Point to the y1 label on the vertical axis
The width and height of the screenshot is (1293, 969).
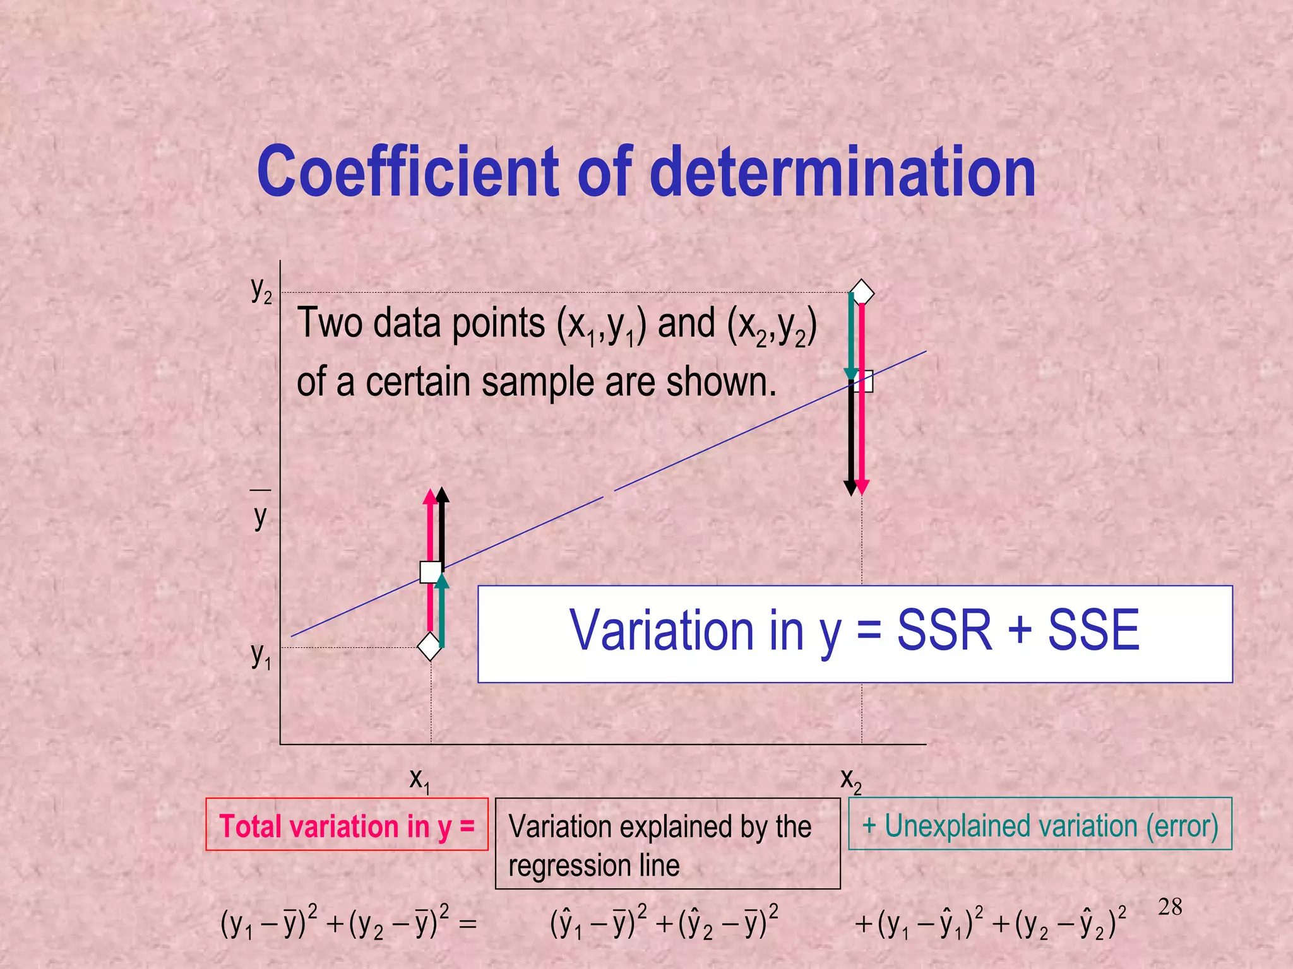(x=261, y=656)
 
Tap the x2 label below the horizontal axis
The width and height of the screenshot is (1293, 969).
(x=850, y=780)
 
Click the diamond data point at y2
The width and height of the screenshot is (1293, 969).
(x=862, y=293)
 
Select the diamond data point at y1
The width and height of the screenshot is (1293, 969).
(x=429, y=646)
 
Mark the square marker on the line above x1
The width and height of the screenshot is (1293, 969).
(x=431, y=572)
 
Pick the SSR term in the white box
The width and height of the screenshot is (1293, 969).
(x=944, y=630)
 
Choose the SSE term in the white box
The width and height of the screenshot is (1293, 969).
(x=1093, y=630)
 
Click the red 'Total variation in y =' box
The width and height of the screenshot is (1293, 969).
(x=347, y=825)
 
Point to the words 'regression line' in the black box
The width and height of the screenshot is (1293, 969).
(x=593, y=865)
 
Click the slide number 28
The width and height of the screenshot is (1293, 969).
(x=1170, y=907)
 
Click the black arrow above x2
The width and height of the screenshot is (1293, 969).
(x=850, y=442)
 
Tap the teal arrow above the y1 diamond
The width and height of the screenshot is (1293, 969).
(x=442, y=612)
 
